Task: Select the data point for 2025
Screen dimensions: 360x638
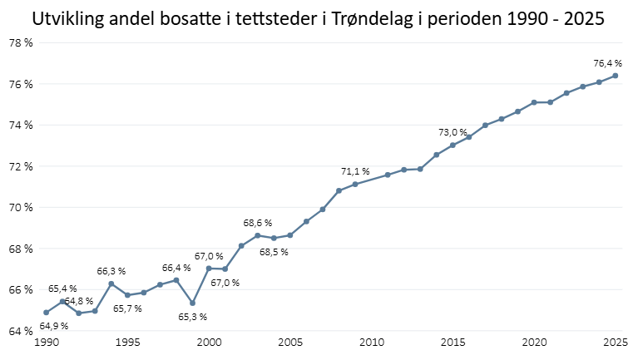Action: point(615,76)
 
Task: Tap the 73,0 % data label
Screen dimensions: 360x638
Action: point(453,132)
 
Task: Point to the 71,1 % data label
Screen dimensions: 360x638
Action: point(355,171)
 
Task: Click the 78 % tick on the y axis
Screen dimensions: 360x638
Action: point(20,43)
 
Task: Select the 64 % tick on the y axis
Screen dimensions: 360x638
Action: point(20,331)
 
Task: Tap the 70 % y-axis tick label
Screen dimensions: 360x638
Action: point(20,208)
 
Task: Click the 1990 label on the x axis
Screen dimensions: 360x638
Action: point(46,343)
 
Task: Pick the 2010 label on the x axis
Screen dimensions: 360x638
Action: point(371,343)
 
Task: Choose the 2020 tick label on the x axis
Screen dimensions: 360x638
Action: point(533,343)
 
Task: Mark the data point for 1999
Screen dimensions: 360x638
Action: point(192,303)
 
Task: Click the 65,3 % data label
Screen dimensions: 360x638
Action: point(192,317)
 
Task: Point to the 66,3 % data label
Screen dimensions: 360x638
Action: point(111,271)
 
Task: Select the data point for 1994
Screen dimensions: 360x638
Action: point(111,284)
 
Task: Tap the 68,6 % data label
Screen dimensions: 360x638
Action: point(257,223)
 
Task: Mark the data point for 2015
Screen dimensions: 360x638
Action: point(453,145)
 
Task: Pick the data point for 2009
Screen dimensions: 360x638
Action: point(355,184)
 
